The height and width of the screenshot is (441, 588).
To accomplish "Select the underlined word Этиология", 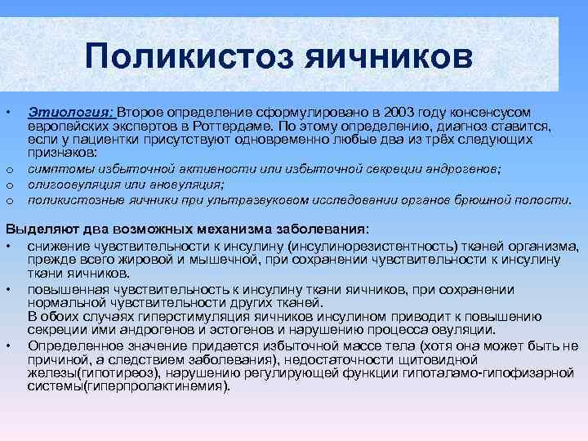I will tap(71, 111).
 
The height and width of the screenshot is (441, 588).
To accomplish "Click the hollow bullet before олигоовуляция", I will tap(8, 185).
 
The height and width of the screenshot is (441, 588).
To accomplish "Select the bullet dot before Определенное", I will tap(8, 345).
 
